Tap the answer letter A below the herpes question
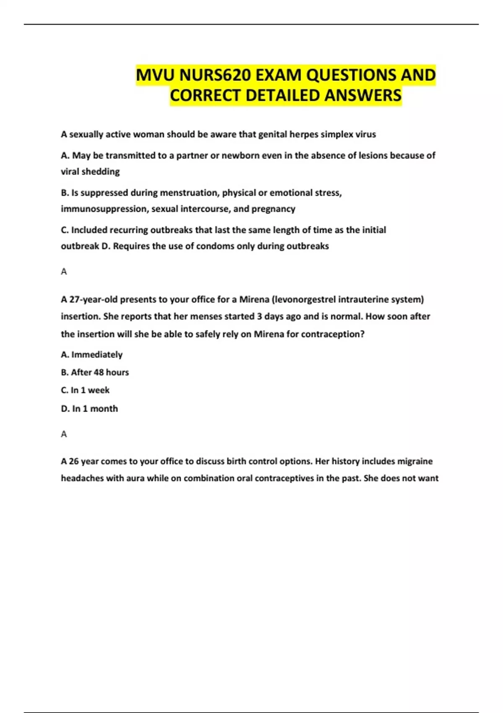tap(64, 272)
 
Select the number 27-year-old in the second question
tap(93, 299)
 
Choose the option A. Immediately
tap(92, 355)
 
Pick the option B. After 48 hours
tap(95, 372)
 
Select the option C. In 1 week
tap(85, 390)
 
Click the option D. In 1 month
tap(89, 409)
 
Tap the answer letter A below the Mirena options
tap(64, 434)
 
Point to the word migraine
tap(415, 461)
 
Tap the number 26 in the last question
tap(74, 461)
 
